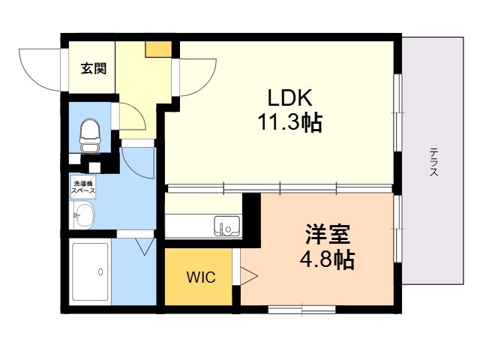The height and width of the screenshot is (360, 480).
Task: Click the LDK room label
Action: pyautogui.click(x=285, y=98)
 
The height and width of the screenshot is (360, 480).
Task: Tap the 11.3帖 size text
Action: pyautogui.click(x=290, y=122)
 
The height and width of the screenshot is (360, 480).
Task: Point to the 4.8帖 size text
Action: pyautogui.click(x=327, y=260)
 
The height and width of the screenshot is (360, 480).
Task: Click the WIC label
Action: pyautogui.click(x=201, y=277)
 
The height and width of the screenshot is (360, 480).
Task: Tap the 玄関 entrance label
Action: pyautogui.click(x=94, y=69)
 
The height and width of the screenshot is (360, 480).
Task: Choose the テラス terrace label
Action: pyautogui.click(x=434, y=162)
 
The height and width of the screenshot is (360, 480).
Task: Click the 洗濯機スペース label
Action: pyautogui.click(x=82, y=187)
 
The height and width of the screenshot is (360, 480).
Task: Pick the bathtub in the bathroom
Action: pyautogui.click(x=90, y=272)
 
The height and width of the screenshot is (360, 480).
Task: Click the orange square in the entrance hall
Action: pyautogui.click(x=158, y=49)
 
